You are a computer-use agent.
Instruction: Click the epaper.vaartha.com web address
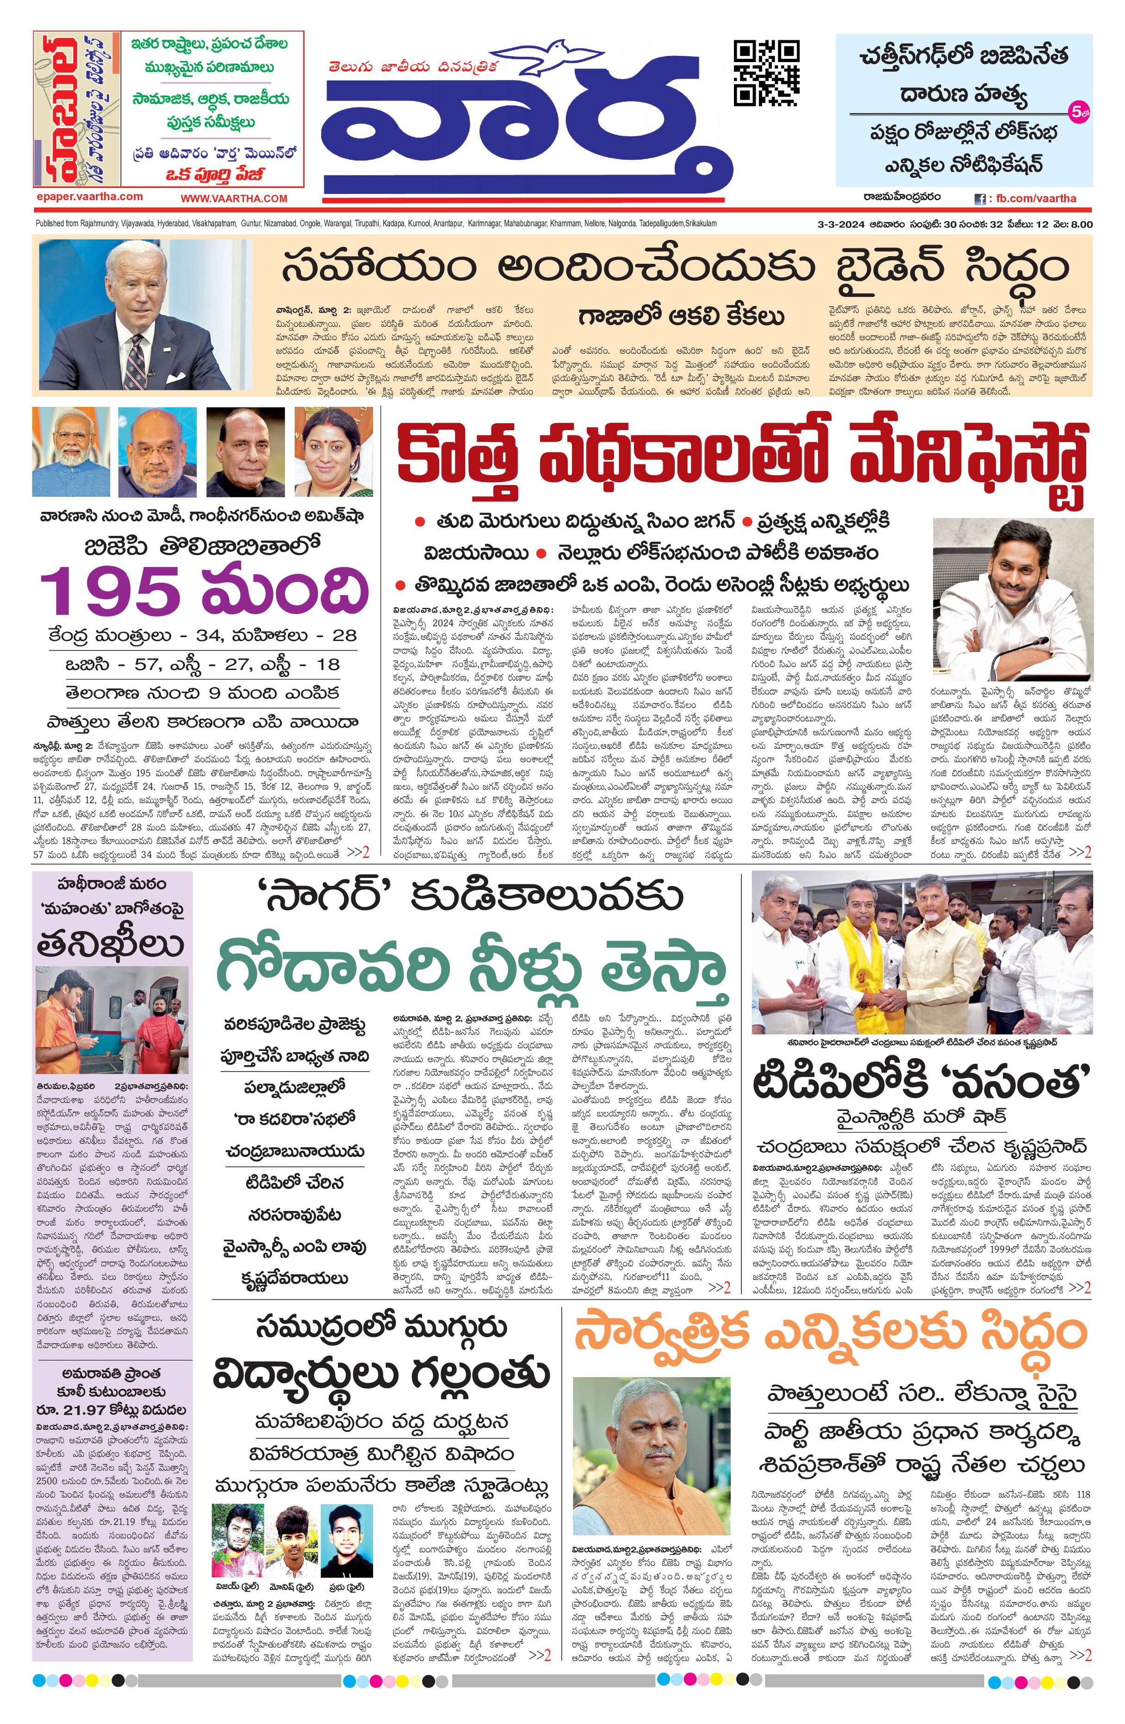tap(89, 197)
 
